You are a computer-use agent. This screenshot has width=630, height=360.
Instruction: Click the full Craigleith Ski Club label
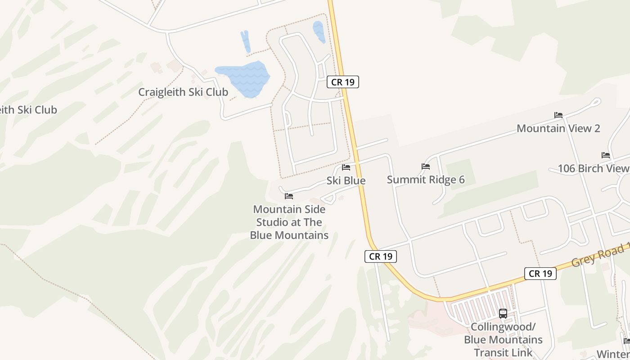click(183, 92)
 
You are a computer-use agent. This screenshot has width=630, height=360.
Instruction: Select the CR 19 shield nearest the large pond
click(342, 82)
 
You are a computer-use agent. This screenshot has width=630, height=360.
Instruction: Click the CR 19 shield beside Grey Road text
click(540, 273)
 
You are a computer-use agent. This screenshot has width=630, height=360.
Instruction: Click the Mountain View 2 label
click(558, 128)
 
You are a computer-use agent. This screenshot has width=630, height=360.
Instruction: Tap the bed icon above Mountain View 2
click(558, 115)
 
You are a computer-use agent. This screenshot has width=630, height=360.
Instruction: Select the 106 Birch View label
click(593, 168)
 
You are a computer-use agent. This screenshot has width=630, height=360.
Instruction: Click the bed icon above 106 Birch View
click(606, 155)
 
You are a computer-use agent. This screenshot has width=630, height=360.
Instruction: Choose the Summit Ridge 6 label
click(426, 180)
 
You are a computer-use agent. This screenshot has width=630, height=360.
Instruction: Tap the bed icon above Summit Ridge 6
click(426, 166)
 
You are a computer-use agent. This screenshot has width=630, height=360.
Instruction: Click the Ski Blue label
click(346, 180)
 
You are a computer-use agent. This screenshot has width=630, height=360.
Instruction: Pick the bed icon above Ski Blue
click(346, 167)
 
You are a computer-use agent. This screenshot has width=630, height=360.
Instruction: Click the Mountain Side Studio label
click(289, 222)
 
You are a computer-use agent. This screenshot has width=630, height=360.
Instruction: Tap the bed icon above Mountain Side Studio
click(289, 196)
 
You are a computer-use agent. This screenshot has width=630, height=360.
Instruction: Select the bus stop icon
click(503, 314)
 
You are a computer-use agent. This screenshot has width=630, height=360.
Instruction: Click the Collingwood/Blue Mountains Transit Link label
click(503, 339)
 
